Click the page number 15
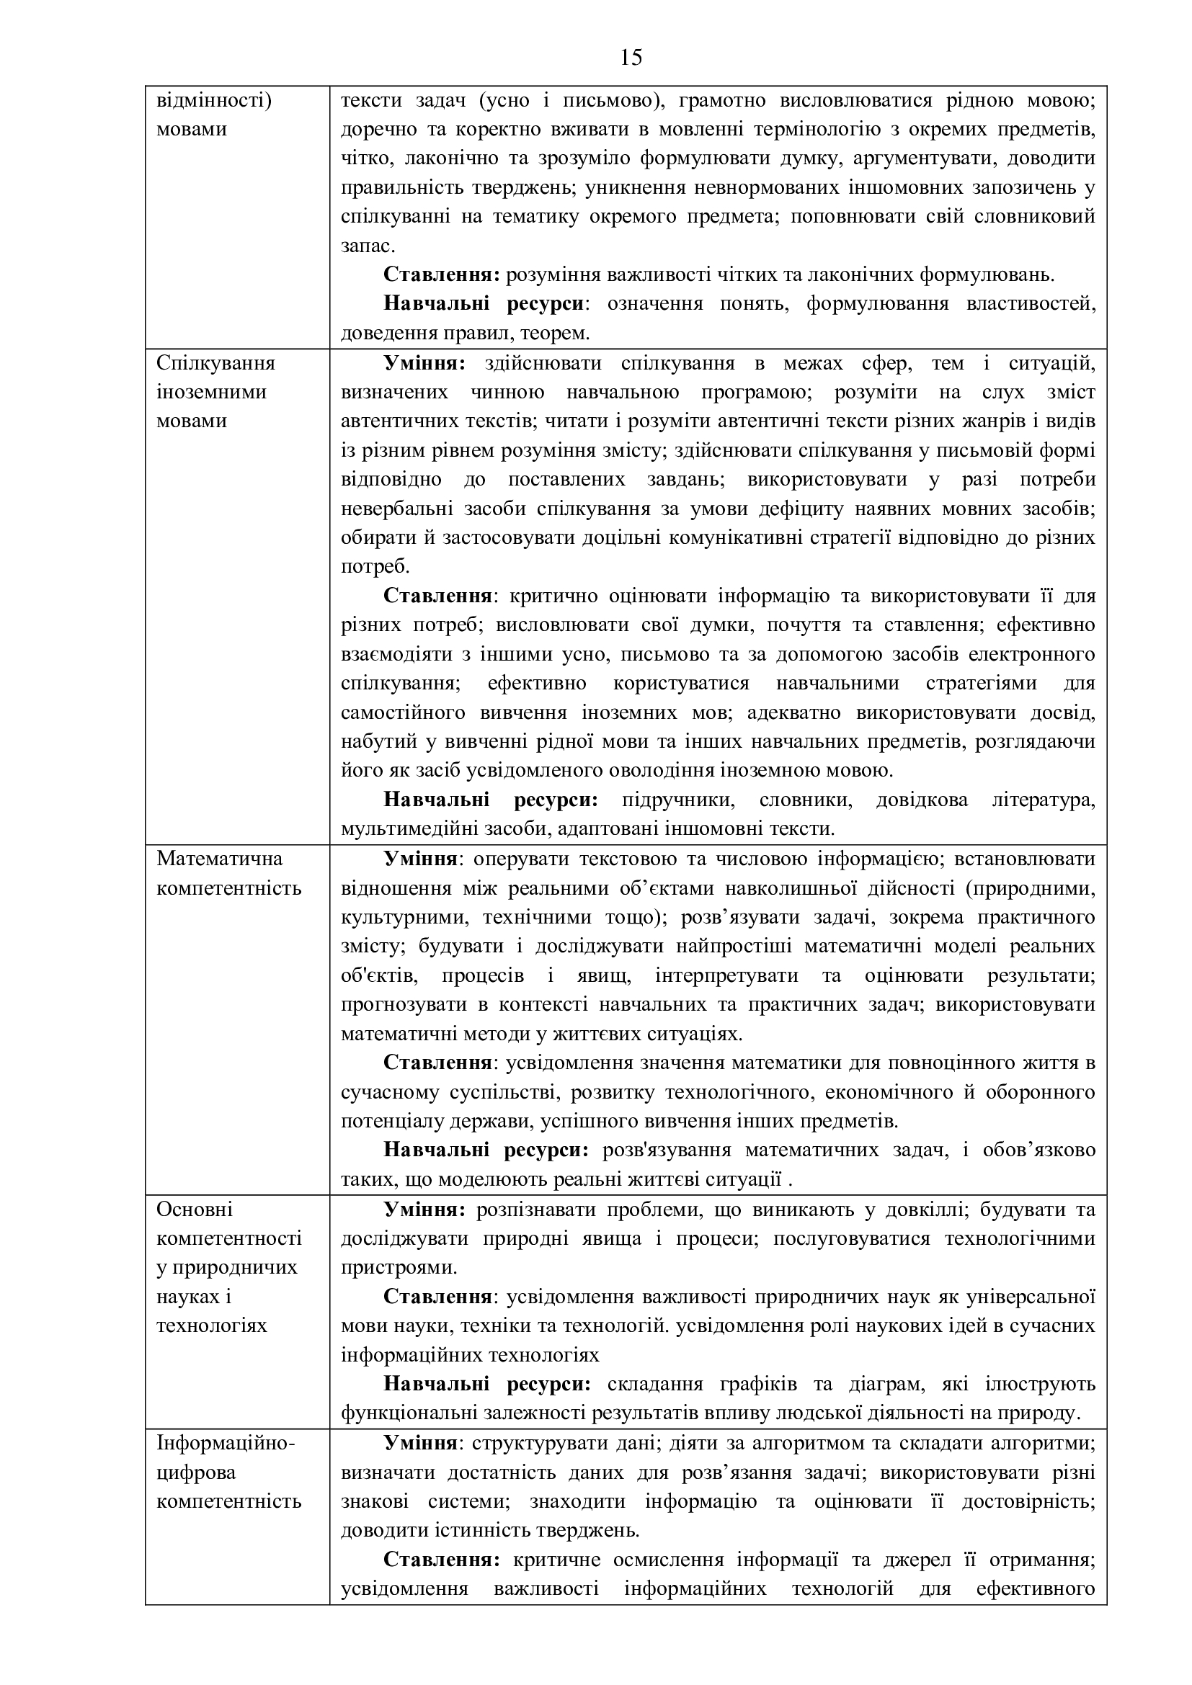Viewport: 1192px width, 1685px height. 631,57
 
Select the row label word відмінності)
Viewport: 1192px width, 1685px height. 214,100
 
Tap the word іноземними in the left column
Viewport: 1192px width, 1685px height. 211,392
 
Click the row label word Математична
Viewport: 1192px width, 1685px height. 209,859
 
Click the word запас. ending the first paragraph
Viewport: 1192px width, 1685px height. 368,246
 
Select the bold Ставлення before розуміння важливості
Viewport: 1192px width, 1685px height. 441,275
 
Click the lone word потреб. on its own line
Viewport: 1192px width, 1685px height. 375,566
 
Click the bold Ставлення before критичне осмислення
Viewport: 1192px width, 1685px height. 441,1560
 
